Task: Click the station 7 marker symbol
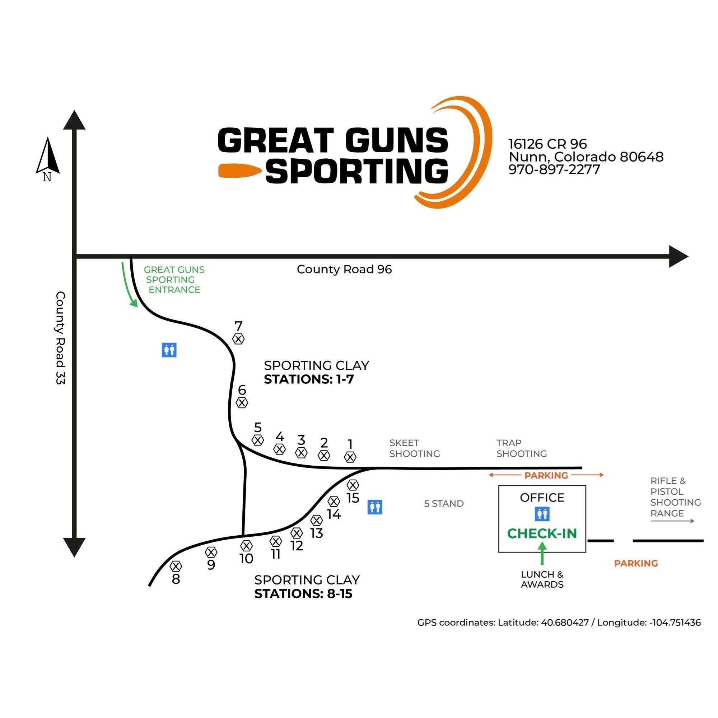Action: click(239, 339)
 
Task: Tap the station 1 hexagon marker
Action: click(350, 457)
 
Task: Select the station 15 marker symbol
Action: click(353, 485)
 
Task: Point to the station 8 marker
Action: click(176, 566)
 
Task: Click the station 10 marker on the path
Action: click(246, 546)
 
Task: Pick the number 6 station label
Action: click(242, 390)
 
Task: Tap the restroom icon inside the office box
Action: click(542, 514)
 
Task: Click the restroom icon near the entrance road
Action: click(169, 350)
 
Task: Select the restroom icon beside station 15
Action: click(374, 507)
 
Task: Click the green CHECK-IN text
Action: click(542, 534)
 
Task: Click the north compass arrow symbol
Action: click(48, 156)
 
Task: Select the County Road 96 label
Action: click(344, 270)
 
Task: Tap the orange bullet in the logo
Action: click(240, 171)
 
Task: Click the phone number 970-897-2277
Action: click(554, 169)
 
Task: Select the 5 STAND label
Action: click(444, 504)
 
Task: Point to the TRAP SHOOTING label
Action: click(521, 448)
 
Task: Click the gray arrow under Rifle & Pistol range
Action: click(672, 521)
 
